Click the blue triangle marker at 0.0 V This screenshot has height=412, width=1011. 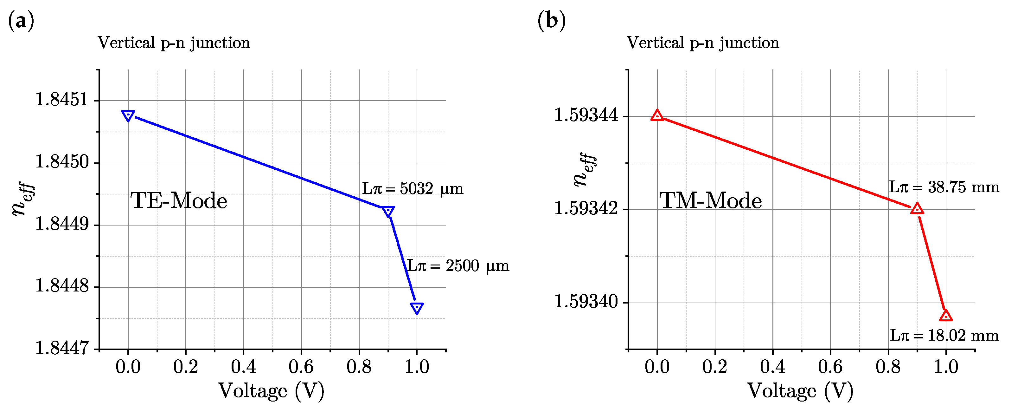click(x=128, y=115)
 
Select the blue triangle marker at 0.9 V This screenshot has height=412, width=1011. click(x=388, y=211)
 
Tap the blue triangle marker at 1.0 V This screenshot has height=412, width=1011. click(x=417, y=308)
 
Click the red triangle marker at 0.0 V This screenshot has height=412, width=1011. click(x=657, y=115)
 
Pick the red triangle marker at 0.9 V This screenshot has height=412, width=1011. click(x=917, y=209)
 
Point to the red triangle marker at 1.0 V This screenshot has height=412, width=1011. click(x=946, y=315)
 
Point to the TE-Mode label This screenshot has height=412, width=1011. click(x=179, y=201)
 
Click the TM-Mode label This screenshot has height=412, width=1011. click(x=710, y=201)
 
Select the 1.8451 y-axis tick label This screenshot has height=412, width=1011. click(x=62, y=99)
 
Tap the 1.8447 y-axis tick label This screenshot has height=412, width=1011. click(x=62, y=348)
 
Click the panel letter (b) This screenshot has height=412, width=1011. click(x=551, y=20)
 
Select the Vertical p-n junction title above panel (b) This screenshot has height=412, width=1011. click(x=702, y=43)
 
